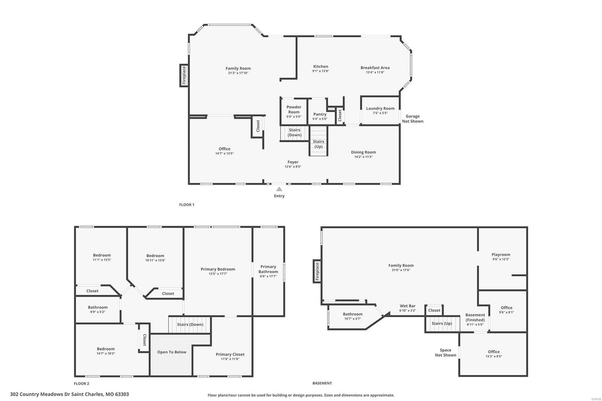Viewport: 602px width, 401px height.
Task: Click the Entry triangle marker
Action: click(x=279, y=189)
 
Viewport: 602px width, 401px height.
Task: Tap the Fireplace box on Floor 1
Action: click(x=184, y=75)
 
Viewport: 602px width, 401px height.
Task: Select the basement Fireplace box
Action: click(x=317, y=271)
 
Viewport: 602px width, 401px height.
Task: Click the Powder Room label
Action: click(x=293, y=109)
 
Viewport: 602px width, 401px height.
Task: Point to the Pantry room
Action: click(x=320, y=114)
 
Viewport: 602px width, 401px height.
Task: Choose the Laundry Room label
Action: click(x=380, y=108)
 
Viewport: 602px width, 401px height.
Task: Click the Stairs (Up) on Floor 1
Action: click(x=318, y=144)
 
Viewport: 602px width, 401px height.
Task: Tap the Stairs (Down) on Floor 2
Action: click(x=190, y=324)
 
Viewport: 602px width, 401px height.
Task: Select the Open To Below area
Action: click(x=172, y=352)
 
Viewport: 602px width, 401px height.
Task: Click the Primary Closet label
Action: click(x=230, y=354)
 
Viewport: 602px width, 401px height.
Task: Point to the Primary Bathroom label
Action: click(x=268, y=269)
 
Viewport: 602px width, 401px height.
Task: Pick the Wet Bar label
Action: click(x=407, y=306)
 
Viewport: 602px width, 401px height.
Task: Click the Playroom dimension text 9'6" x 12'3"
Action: click(x=500, y=259)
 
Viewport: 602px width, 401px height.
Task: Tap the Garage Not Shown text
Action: click(x=412, y=118)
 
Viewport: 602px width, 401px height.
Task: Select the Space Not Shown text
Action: click(x=445, y=352)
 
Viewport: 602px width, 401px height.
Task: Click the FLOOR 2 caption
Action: click(x=81, y=383)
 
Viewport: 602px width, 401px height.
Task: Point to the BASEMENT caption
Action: click(x=322, y=383)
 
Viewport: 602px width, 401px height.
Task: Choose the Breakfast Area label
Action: click(x=375, y=68)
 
